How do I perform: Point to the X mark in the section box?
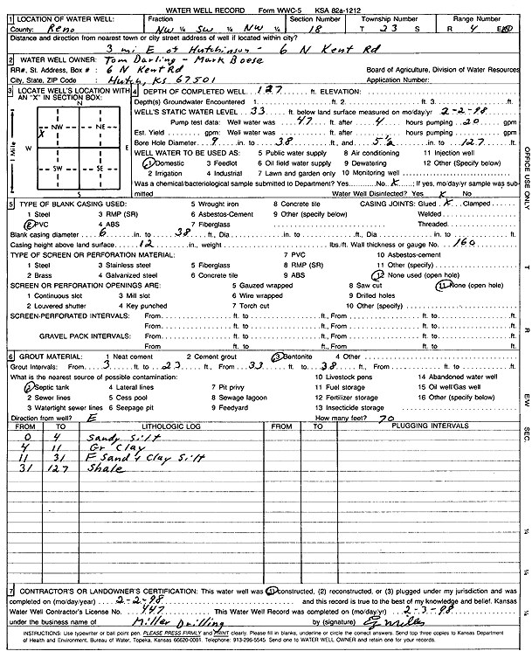point(40,134)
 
